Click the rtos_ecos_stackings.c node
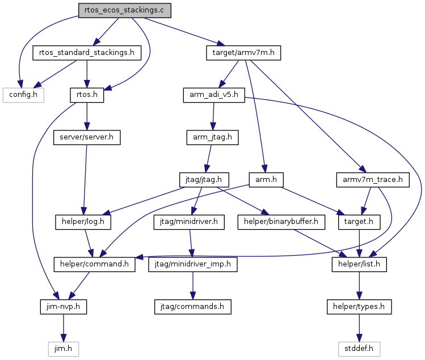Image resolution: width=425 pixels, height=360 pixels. (x=125, y=11)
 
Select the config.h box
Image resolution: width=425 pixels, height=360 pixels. (x=23, y=95)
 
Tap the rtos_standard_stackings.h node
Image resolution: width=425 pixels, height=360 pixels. (x=87, y=53)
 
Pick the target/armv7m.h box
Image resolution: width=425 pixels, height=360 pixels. (x=243, y=53)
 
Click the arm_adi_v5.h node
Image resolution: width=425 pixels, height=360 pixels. (x=214, y=95)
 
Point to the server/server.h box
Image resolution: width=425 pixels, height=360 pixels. (x=87, y=138)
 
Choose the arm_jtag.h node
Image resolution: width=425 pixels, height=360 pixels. (x=212, y=138)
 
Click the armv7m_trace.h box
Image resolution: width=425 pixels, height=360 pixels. (x=373, y=180)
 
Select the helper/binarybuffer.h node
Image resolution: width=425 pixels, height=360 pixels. (x=281, y=222)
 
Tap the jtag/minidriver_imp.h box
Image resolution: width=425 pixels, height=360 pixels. (x=193, y=264)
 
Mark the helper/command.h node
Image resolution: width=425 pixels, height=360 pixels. (x=94, y=264)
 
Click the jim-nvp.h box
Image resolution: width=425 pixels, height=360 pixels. (x=64, y=307)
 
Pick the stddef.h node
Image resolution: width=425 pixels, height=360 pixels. (x=359, y=349)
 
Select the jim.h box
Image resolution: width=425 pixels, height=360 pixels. (x=64, y=349)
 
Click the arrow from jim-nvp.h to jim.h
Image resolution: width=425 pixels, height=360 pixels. (x=64, y=328)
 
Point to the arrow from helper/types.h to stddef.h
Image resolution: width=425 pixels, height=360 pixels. (x=359, y=328)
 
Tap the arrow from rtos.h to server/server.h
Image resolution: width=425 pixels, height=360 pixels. (x=87, y=116)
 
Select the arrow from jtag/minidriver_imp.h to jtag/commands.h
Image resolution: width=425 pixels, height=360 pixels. (x=193, y=286)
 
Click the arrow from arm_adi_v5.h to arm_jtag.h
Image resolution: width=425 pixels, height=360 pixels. (x=213, y=116)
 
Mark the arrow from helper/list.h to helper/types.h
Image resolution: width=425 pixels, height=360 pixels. (x=359, y=286)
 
